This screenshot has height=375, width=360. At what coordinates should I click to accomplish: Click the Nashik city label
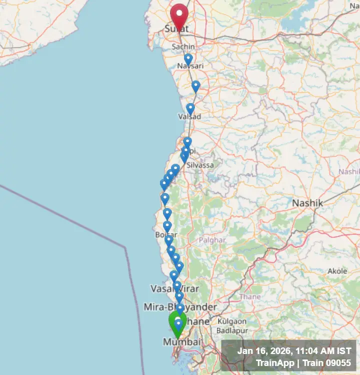coord(307,203)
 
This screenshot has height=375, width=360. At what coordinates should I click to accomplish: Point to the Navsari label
coord(190,66)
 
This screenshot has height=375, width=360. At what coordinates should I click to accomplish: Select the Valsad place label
coord(189,116)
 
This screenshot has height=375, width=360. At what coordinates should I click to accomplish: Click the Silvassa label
coord(200,165)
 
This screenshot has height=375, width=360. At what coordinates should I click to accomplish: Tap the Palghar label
coord(212,240)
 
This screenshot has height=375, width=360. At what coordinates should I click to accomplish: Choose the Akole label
coord(337,271)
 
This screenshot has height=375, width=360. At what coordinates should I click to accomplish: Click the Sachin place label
coord(183,46)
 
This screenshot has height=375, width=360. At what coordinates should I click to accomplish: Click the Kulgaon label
coord(232,321)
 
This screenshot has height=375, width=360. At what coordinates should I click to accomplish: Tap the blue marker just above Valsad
coord(190,108)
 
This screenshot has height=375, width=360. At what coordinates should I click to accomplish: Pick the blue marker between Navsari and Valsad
coord(195,86)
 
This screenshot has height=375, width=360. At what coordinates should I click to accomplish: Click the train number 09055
coord(337,362)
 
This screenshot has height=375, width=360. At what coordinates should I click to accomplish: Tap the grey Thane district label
coord(249,297)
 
